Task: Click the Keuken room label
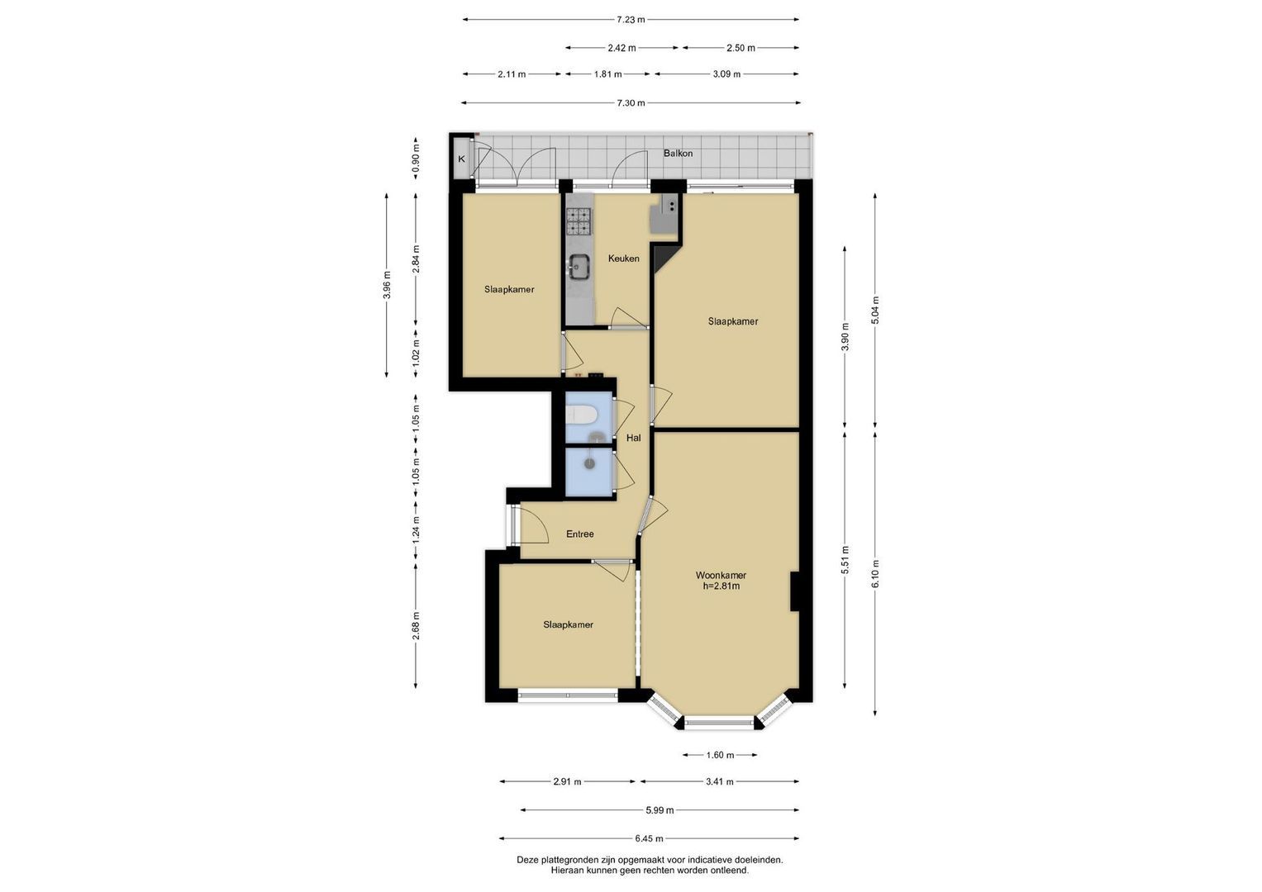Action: [x=624, y=259]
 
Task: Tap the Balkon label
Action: [x=678, y=153]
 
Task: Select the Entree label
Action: [x=579, y=534]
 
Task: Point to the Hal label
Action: [x=634, y=438]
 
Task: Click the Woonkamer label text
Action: [x=721, y=576]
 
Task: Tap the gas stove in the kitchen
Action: [x=579, y=221]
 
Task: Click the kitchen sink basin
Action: [x=579, y=266]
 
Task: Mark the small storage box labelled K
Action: [x=461, y=159]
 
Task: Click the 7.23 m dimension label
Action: [x=631, y=20]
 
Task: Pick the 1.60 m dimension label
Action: [x=720, y=755]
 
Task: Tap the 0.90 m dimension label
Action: [x=416, y=159]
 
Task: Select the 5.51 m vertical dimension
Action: [x=845, y=560]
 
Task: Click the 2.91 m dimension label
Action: [x=567, y=781]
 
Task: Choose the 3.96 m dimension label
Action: [x=387, y=286]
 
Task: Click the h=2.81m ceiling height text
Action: [x=721, y=586]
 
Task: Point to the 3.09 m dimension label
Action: [x=726, y=74]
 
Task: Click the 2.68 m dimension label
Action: [x=416, y=626]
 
